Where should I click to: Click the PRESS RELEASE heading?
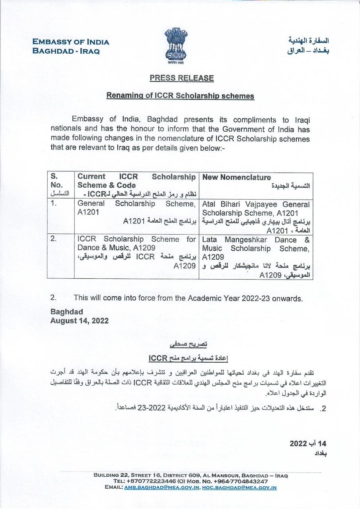pyautogui.click(x=181, y=78)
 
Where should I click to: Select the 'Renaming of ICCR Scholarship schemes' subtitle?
pyautogui.click(x=180, y=96)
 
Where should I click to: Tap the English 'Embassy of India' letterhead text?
pyautogui.click(x=71, y=42)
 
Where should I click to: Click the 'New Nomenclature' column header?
pyautogui.click(x=236, y=177)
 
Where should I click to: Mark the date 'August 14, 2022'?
pyautogui.click(x=79, y=321)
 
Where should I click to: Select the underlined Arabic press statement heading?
pyautogui.click(x=189, y=344)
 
